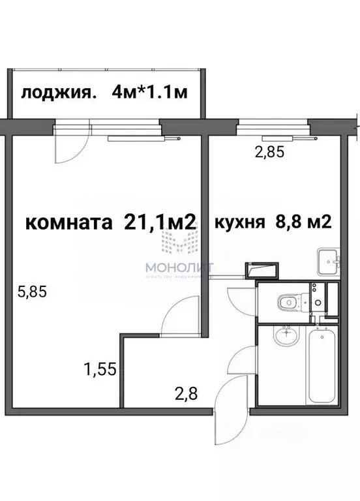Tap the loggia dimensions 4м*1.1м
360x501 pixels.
[x=150, y=92]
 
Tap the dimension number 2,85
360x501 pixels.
[x=270, y=153]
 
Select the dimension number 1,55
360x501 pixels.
[x=99, y=370]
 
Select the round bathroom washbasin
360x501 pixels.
[x=284, y=337]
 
